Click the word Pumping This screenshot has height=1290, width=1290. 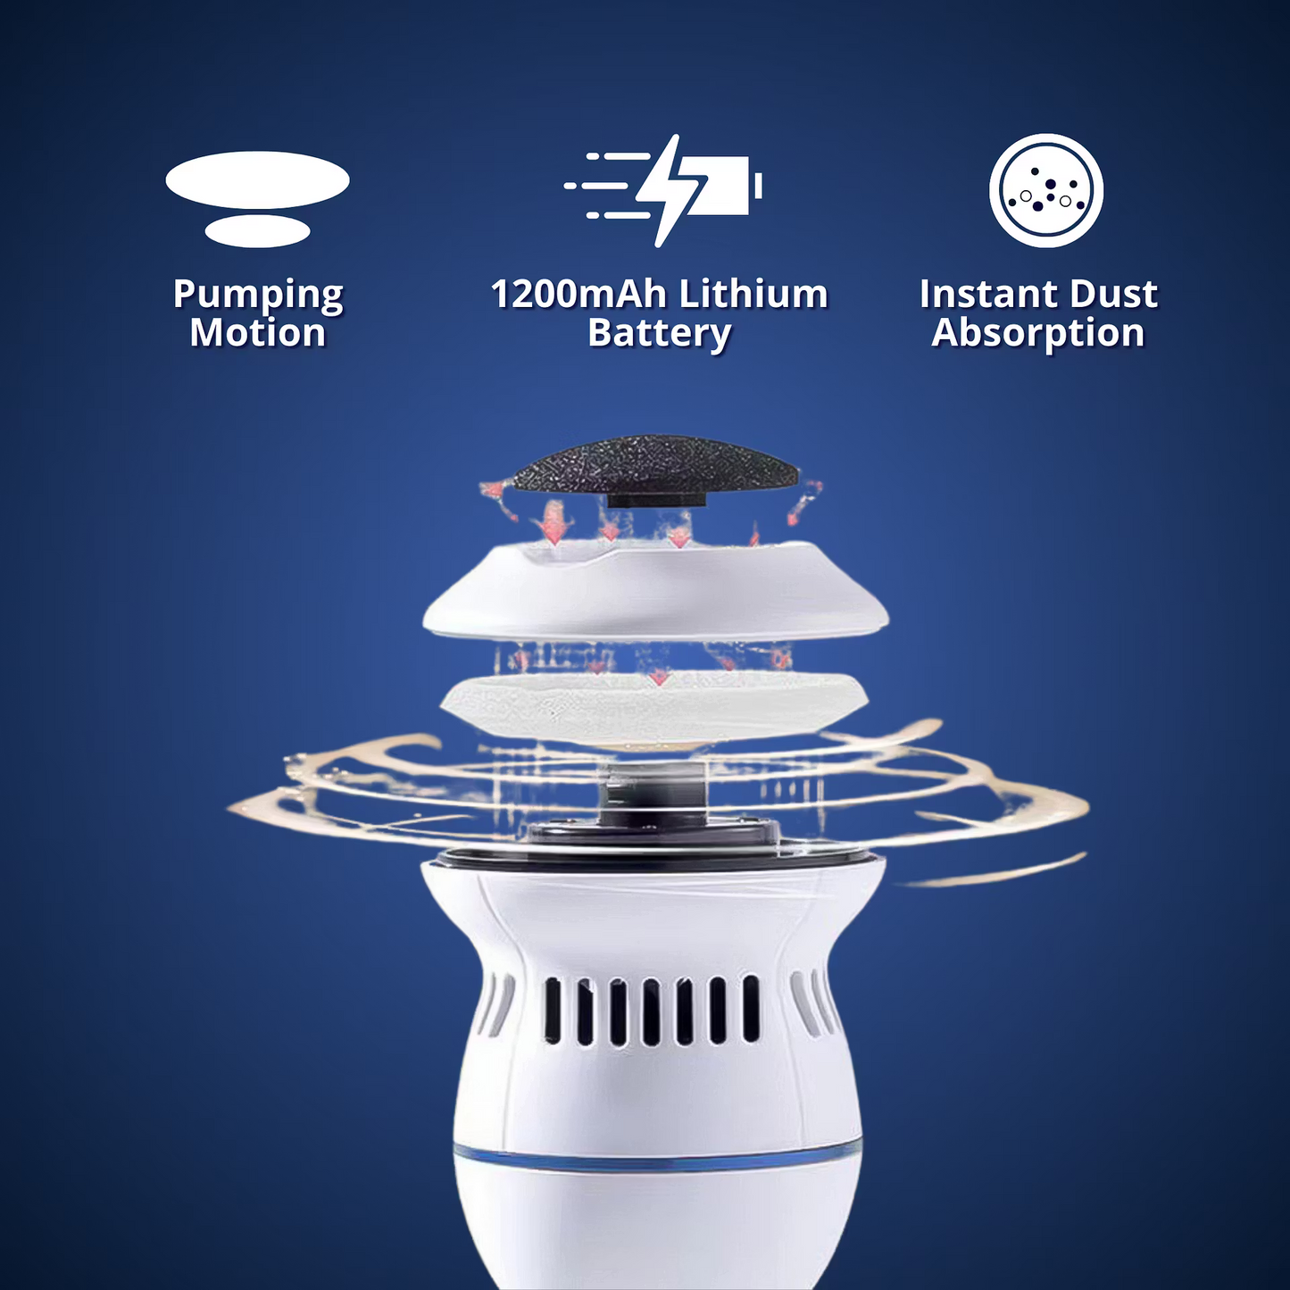[258, 295]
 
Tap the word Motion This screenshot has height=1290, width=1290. [258, 333]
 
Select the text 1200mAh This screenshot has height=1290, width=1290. [578, 294]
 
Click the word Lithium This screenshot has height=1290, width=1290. [753, 294]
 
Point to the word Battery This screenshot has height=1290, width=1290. [659, 334]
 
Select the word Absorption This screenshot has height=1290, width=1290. [1037, 333]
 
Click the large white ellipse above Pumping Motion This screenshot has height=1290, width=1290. [258, 180]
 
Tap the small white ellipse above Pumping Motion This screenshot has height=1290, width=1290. [258, 231]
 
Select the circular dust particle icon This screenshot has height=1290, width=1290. [1046, 191]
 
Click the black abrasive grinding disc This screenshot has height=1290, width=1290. [654, 469]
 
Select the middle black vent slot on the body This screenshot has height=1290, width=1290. [652, 1011]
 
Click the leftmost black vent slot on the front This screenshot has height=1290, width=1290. [553, 1011]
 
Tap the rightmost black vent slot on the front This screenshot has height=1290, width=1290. [751, 1009]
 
